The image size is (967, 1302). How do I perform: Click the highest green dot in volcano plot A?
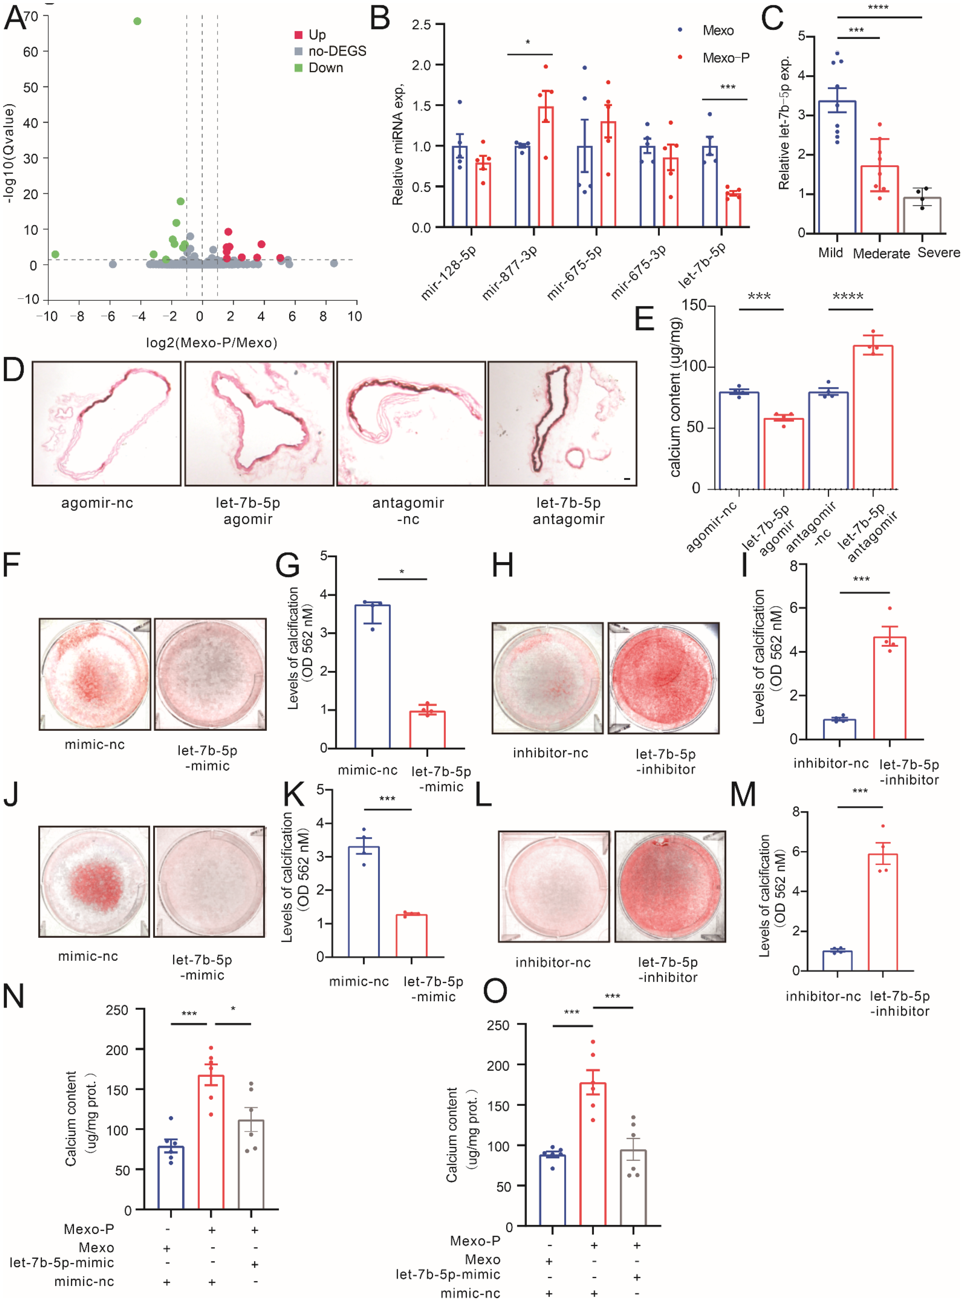coord(137,21)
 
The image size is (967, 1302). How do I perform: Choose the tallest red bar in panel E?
coord(873,417)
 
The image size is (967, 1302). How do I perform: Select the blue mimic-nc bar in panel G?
coord(372,676)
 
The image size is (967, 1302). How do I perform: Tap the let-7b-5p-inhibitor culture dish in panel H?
coord(663,678)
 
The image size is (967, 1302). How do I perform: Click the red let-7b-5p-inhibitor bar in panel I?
coord(889,688)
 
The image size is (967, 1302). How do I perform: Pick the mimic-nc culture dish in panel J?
coord(94,882)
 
